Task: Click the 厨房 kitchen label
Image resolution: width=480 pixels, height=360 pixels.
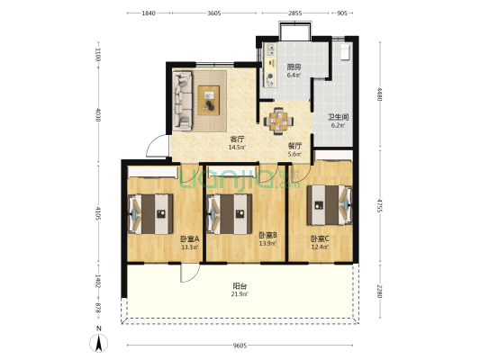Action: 294,67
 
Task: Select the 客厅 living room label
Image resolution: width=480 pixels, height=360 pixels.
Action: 237,139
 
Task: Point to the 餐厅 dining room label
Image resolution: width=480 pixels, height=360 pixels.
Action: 294,146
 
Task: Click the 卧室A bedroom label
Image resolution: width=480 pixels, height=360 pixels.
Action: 190,238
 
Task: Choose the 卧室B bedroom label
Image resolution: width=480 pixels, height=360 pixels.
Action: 267,235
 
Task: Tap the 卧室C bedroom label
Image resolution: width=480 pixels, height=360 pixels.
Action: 320,238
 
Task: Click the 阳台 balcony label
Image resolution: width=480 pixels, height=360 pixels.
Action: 240,286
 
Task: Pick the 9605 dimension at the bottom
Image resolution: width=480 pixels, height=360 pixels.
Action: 240,346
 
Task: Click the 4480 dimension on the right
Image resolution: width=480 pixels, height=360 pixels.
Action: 380,94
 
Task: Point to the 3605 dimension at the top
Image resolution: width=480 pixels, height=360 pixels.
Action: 214,13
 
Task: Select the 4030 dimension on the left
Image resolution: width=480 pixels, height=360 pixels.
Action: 97,114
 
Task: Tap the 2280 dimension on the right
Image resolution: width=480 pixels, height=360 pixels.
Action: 380,292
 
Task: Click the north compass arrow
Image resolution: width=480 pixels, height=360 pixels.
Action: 98,343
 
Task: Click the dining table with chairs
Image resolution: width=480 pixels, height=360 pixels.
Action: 278,121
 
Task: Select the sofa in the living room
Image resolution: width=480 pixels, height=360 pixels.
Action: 183,101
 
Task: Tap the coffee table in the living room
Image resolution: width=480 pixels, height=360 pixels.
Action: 209,100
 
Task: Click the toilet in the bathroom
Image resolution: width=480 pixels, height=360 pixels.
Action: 345,51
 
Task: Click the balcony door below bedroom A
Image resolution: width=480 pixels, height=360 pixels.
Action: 190,273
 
